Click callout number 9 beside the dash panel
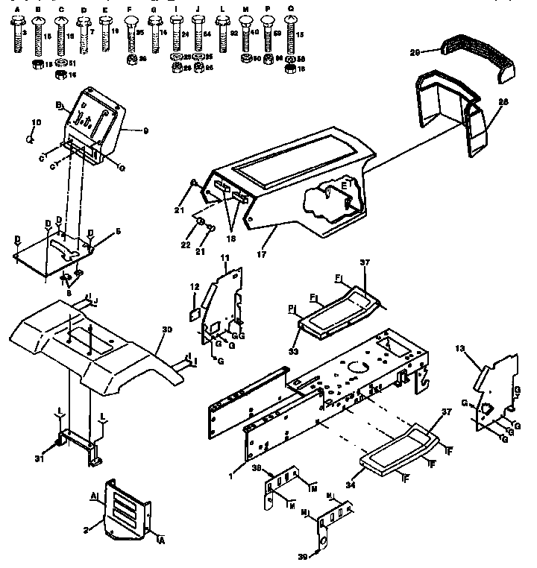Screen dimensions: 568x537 click(146, 131)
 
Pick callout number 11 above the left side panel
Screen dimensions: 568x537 click(224, 257)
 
